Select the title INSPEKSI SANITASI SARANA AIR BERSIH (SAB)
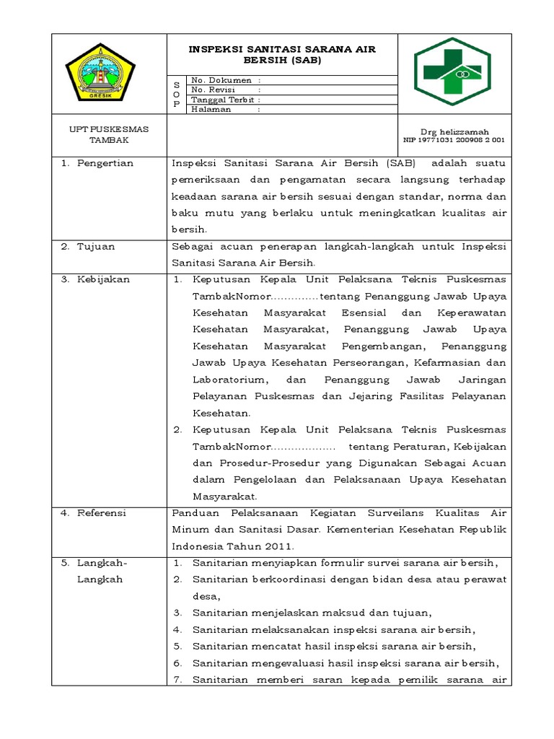coord(282,55)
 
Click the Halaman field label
coord(211,109)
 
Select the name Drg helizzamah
coord(458,132)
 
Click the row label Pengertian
coord(106,163)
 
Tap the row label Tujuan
coord(97,246)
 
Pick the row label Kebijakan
coord(105,279)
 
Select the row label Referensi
coord(102,512)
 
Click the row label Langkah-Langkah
coord(102,570)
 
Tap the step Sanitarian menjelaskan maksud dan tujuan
coord(312,613)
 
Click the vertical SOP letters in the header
coord(177,95)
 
